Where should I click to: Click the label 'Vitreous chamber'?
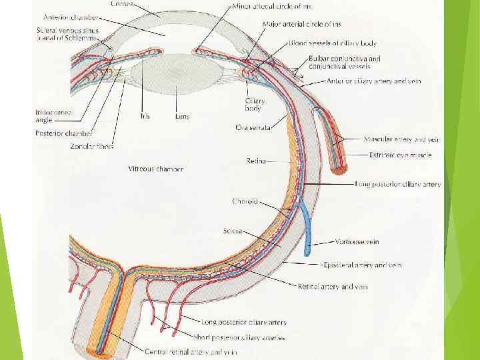click(x=155, y=169)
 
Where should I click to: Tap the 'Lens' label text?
click(x=182, y=117)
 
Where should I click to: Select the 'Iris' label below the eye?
click(x=145, y=117)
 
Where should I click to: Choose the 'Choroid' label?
click(x=244, y=201)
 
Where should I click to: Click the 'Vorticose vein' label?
click(x=357, y=242)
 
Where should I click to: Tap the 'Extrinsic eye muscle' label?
click(x=400, y=155)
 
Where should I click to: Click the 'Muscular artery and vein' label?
click(x=402, y=139)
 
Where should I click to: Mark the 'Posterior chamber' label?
click(x=64, y=133)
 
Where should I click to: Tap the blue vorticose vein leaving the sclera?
click(x=306, y=230)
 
